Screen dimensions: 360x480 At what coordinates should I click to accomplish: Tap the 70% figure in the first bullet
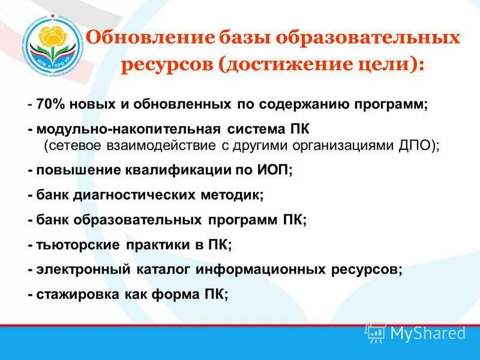49,104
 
